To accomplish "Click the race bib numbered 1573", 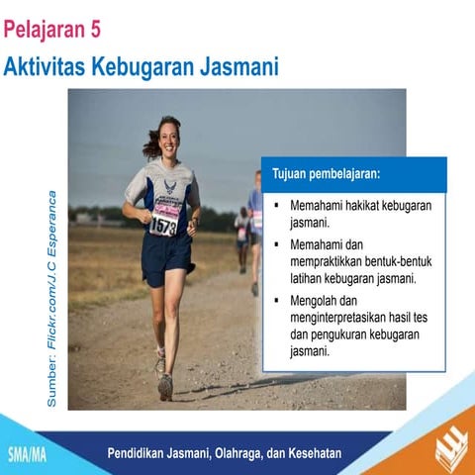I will [x=163, y=225].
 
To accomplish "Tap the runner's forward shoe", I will [x=165, y=386].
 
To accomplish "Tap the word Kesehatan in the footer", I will [x=308, y=454].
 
